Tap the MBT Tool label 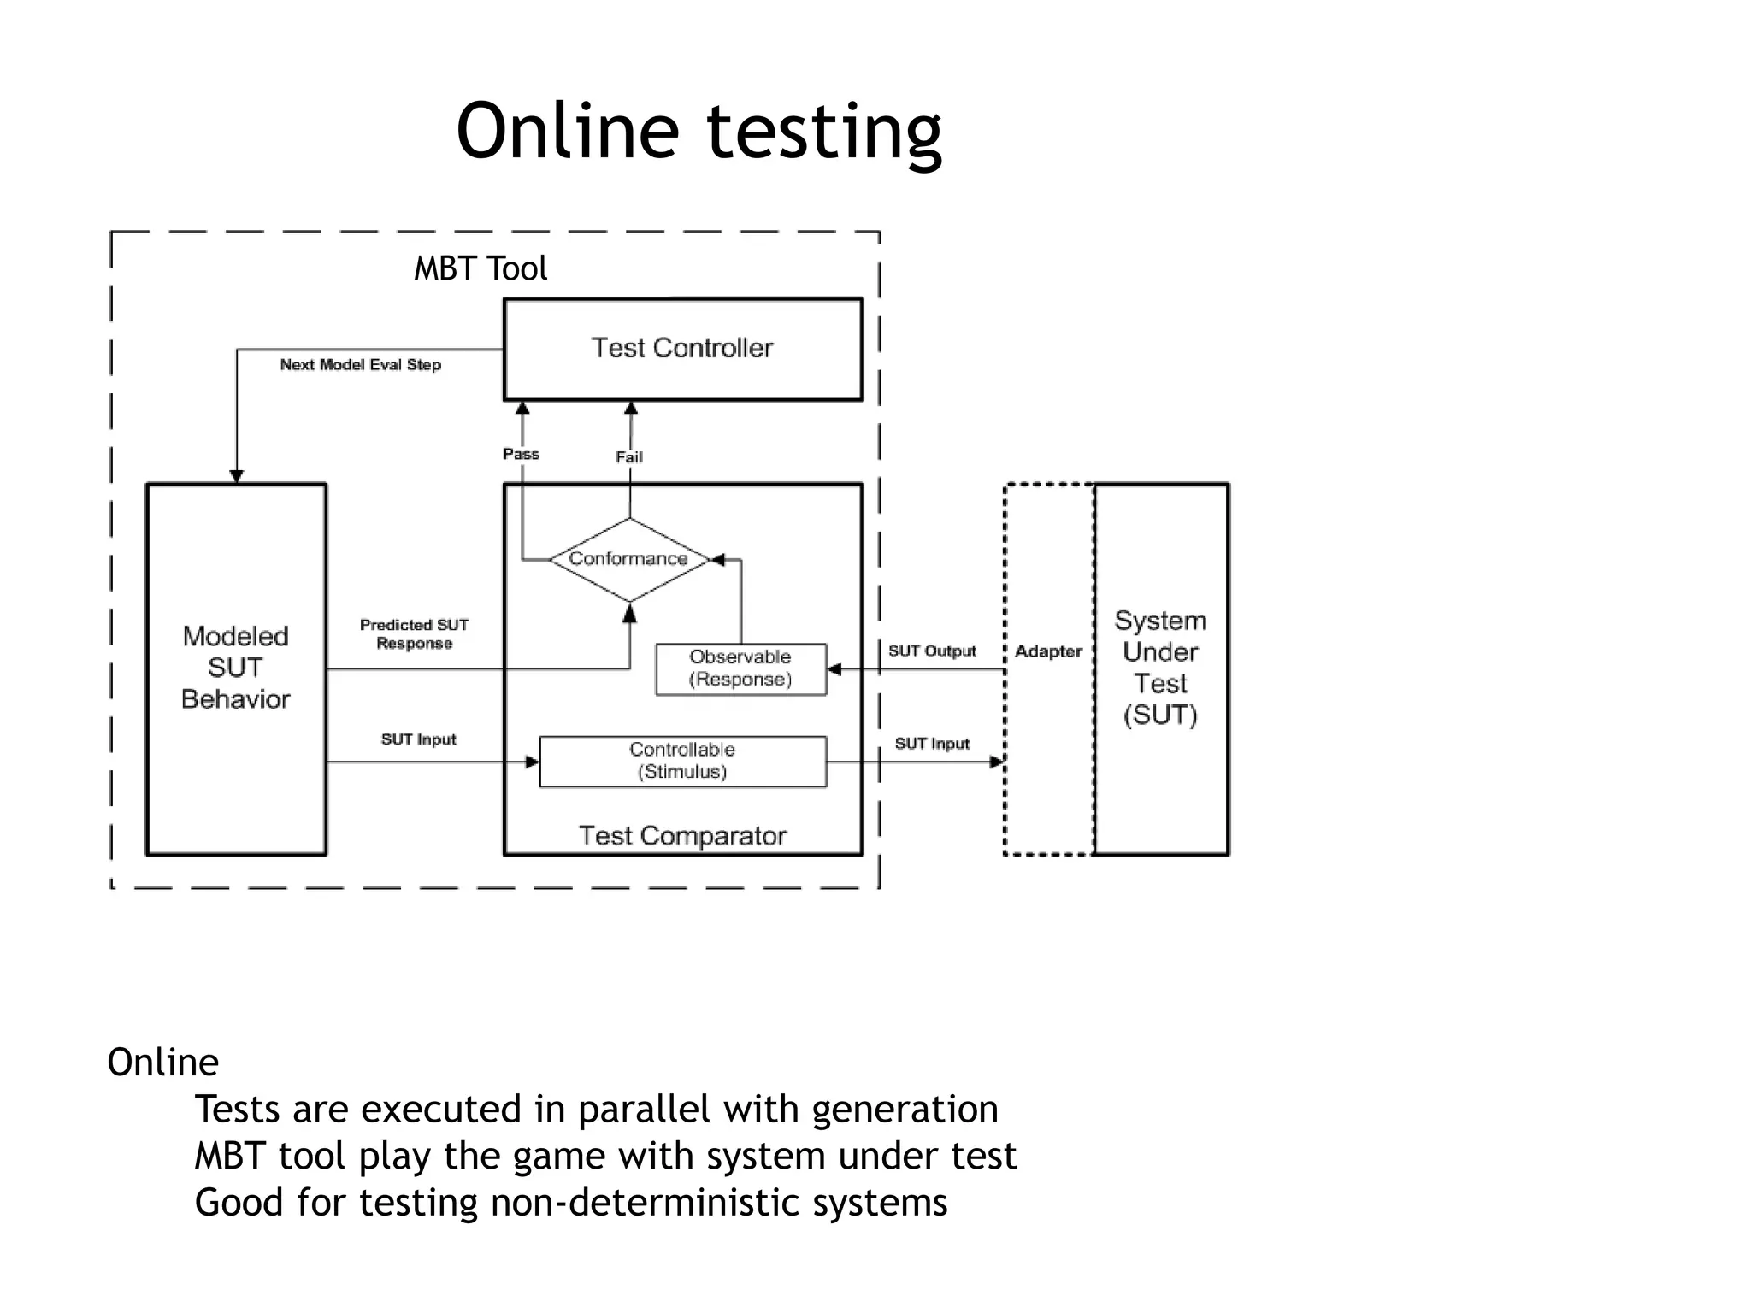tap(480, 268)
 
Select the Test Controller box tap(682, 349)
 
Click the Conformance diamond tap(629, 559)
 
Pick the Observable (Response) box tap(740, 668)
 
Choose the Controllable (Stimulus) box tap(682, 761)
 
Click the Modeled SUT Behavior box tap(236, 668)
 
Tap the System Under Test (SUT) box tap(1160, 668)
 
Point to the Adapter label tap(1048, 651)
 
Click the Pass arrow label tap(521, 455)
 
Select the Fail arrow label tap(629, 457)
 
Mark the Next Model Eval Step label tap(360, 365)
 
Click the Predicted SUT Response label tap(414, 634)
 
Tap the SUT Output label tap(932, 651)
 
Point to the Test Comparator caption tap(682, 835)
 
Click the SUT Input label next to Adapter tap(932, 744)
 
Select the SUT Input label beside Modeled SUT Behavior tap(418, 739)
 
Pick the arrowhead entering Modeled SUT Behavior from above tap(237, 476)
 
